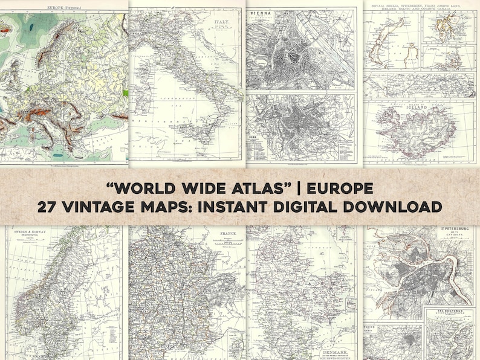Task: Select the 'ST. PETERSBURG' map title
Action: [x=455, y=230]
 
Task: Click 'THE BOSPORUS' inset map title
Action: [x=449, y=313]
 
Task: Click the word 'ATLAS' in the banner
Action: [x=248, y=188]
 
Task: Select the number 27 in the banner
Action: [x=48, y=207]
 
